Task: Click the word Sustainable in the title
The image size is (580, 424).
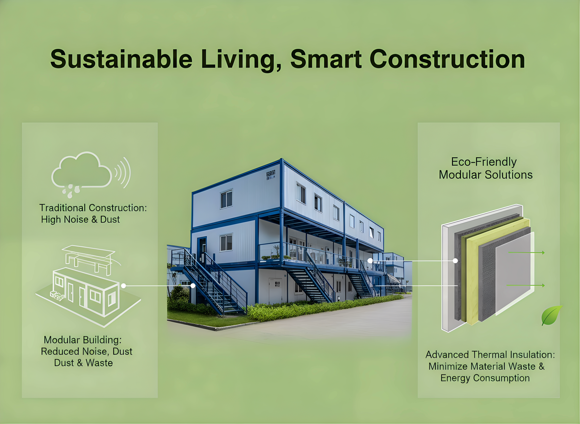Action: pyautogui.click(x=121, y=59)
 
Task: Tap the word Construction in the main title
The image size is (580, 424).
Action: pyautogui.click(x=447, y=59)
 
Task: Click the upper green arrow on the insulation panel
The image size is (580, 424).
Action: pyautogui.click(x=526, y=253)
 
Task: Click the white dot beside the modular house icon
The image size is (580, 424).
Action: pyautogui.click(x=124, y=286)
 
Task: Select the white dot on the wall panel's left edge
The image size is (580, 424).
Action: pyautogui.click(x=455, y=261)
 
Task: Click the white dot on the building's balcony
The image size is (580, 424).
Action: pyautogui.click(x=370, y=261)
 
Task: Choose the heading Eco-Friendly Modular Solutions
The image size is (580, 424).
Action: pyautogui.click(x=485, y=168)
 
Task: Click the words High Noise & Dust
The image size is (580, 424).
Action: pyautogui.click(x=81, y=219)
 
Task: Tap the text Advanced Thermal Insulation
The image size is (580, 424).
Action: pyautogui.click(x=490, y=355)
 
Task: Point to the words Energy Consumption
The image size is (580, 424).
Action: pyautogui.click(x=485, y=378)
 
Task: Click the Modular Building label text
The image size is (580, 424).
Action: pyautogui.click(x=83, y=340)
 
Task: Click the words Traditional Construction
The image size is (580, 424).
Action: pyautogui.click(x=93, y=208)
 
